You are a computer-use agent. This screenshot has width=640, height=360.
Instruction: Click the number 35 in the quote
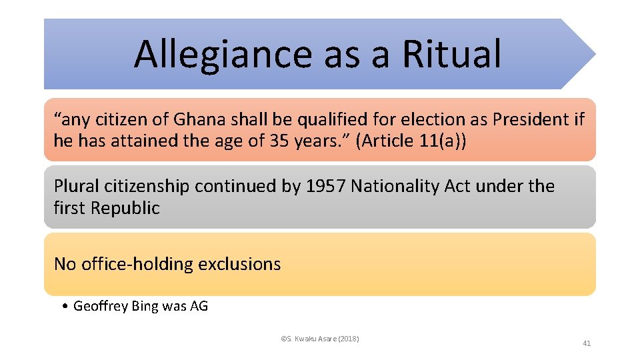(279, 141)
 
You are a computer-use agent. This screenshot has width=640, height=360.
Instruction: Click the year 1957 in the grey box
(325, 186)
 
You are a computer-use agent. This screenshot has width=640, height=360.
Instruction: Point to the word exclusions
(239, 264)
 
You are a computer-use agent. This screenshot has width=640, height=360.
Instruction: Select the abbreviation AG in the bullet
(199, 307)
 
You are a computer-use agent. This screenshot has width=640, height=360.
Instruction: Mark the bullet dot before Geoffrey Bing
(63, 307)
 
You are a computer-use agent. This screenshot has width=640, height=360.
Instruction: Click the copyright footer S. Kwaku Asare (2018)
(320, 339)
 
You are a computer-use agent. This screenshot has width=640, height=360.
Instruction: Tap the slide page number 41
(587, 343)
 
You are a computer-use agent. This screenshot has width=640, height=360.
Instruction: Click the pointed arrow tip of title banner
(592, 54)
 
